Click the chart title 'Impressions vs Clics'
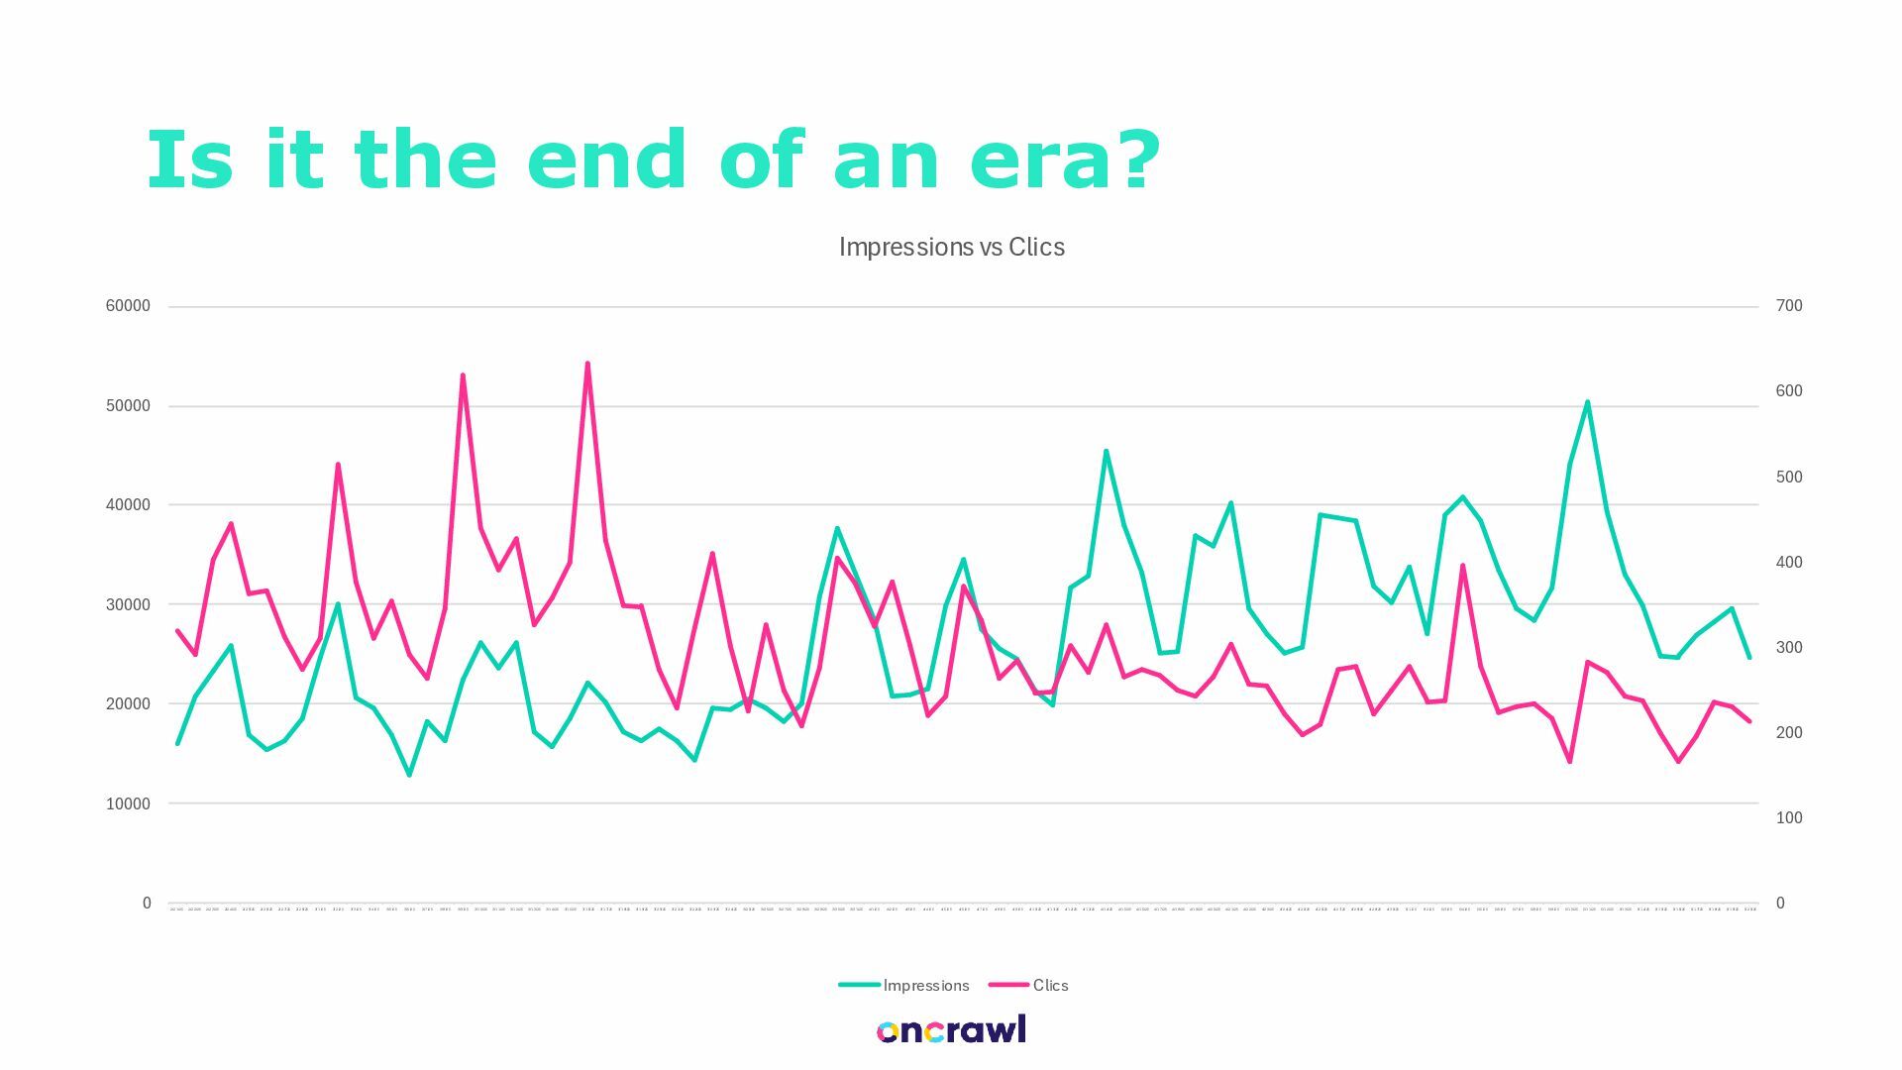click(951, 247)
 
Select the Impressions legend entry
click(903, 985)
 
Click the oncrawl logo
click(951, 1030)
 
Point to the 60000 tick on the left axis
click(128, 306)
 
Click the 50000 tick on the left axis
click(128, 406)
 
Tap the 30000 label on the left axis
click(128, 604)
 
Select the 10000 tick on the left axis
click(128, 803)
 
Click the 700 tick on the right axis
click(1789, 306)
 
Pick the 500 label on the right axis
click(1789, 477)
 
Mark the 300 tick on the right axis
click(1789, 647)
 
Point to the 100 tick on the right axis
click(1789, 817)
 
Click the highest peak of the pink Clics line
click(587, 364)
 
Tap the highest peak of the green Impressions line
click(1587, 402)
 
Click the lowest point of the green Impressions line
click(409, 775)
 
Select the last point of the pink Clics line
click(1749, 721)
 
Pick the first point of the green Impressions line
click(177, 743)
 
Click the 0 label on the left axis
click(147, 903)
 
